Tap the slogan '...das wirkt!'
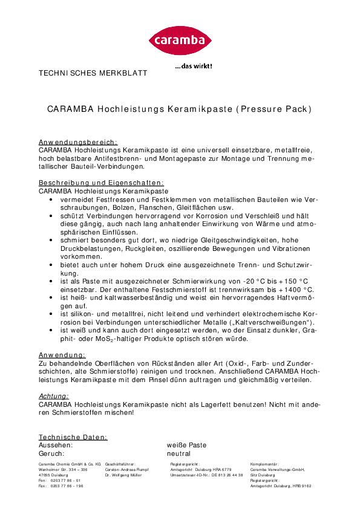coord(194,66)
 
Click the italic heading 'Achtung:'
coord(53,395)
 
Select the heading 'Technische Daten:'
coord(73,436)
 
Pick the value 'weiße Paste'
coord(186,445)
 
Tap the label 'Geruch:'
coord(51,453)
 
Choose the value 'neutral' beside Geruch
coord(178,453)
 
